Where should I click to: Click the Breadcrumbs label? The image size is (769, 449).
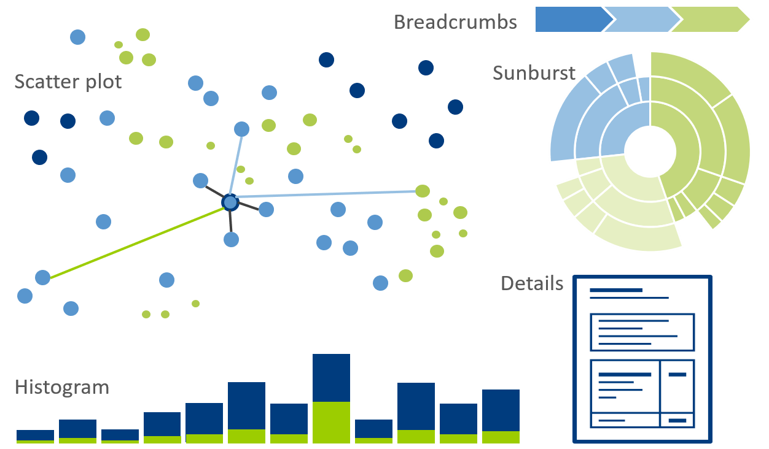click(455, 22)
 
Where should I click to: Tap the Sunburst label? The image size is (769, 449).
click(534, 73)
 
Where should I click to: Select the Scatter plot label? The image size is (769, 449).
click(68, 82)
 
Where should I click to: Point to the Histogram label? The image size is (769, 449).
click(62, 388)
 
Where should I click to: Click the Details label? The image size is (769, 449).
click(532, 283)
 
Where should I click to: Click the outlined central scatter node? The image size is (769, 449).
click(230, 202)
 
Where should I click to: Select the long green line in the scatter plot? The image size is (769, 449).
click(135, 242)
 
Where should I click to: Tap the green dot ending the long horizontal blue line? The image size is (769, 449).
click(422, 191)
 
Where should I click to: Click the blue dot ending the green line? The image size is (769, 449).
click(42, 277)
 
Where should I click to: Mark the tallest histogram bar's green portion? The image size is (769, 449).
click(331, 423)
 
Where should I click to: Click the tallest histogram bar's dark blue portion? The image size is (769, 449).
click(331, 377)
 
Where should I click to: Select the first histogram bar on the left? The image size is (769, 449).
click(35, 436)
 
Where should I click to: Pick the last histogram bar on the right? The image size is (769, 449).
click(501, 416)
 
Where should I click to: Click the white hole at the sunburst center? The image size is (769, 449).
click(650, 150)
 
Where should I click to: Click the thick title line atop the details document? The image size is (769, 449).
click(615, 290)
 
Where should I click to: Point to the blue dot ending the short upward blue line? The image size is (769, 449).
click(242, 129)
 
